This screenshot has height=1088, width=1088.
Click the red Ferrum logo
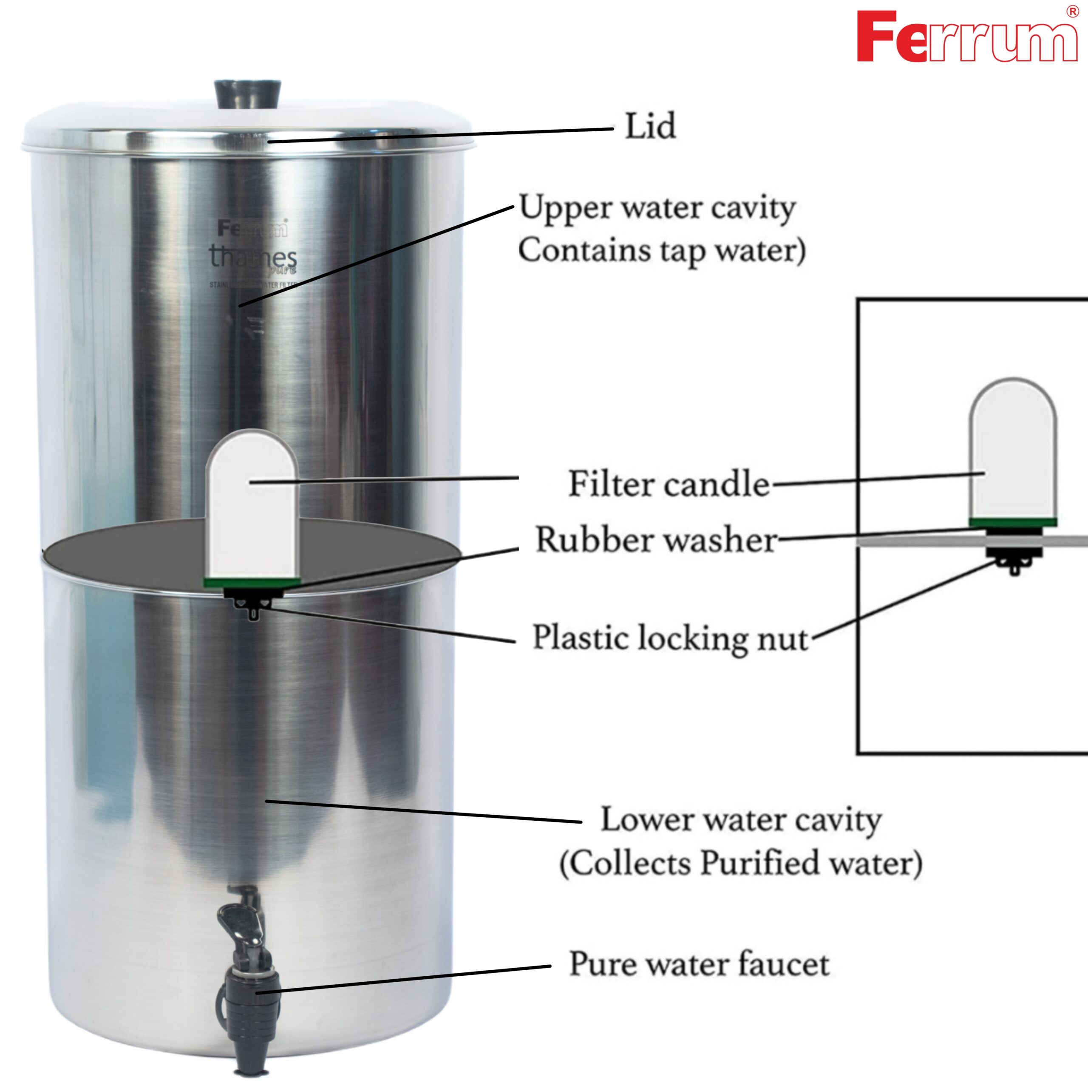tap(966, 37)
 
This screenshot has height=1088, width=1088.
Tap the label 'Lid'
tap(650, 126)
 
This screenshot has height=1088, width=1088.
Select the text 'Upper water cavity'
tap(657, 208)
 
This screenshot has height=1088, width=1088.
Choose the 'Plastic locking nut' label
tap(670, 638)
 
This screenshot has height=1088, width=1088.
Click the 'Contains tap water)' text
tap(662, 251)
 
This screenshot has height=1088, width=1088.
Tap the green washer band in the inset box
tap(1012, 522)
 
